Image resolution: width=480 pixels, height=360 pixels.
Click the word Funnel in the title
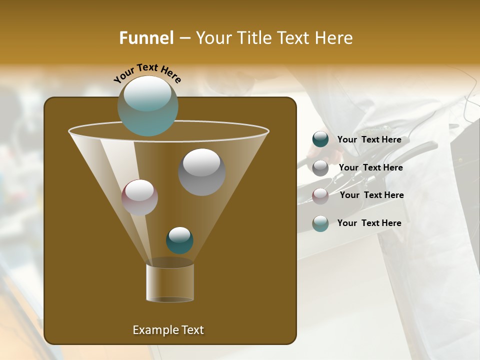coord(146,38)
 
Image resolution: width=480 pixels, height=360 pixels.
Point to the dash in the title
coord(184,38)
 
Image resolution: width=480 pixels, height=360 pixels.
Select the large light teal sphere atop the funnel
coord(147,105)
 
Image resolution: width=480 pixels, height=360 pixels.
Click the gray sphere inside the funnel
coord(201,171)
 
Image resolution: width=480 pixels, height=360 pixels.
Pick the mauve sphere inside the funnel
coord(139,197)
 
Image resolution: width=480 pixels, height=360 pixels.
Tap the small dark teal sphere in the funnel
coord(179,240)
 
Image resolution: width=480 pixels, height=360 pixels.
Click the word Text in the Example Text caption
coord(192,330)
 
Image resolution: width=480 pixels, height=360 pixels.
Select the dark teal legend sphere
coord(320,139)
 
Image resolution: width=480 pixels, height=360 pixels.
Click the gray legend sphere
coord(320,167)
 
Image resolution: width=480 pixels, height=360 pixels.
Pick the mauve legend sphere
coord(320,195)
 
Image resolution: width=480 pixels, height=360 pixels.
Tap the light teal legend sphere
coord(320,223)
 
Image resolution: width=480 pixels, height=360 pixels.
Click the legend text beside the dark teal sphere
coord(369,139)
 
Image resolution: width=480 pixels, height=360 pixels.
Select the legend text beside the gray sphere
coord(370,167)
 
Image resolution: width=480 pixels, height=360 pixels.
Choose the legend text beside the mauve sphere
coord(371,195)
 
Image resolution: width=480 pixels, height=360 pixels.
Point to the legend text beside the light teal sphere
coord(369,223)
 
